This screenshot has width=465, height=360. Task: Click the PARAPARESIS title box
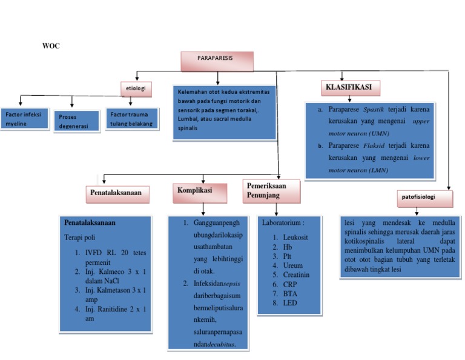click(x=217, y=60)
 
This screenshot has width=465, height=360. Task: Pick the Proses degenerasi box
click(x=76, y=120)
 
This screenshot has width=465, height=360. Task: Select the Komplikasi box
click(x=200, y=192)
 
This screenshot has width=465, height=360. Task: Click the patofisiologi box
click(x=419, y=198)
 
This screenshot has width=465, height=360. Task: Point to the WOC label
click(x=51, y=47)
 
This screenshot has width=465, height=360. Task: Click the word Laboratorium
click(x=283, y=223)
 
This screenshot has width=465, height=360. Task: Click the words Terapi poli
click(x=80, y=237)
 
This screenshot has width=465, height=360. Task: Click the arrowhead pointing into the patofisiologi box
click(x=449, y=188)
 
